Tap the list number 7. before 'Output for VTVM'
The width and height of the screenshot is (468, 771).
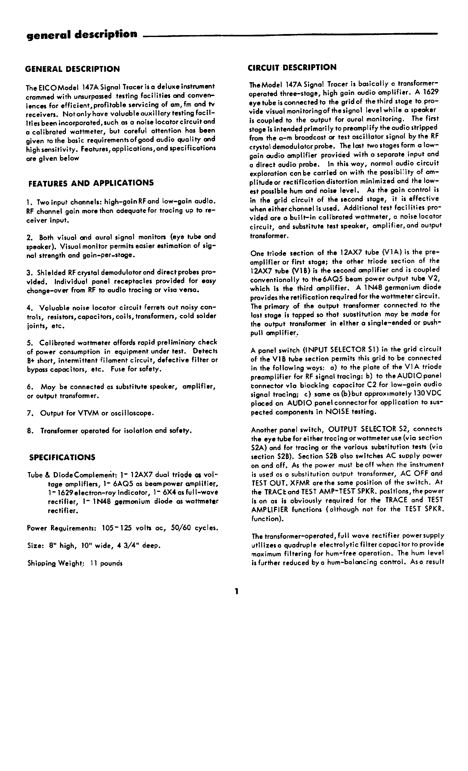coord(30,413)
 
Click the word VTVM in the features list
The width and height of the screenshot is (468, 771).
coord(88,413)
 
